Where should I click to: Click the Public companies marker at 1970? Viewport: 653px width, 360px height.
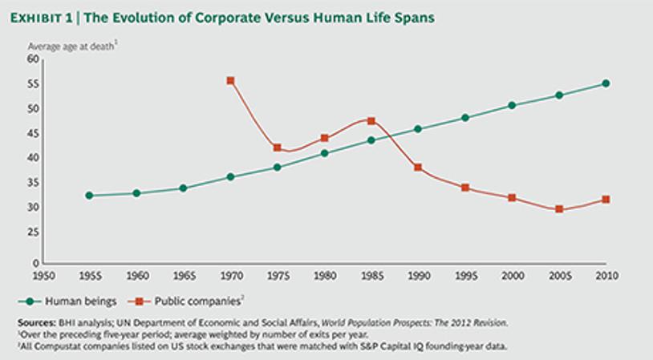230,81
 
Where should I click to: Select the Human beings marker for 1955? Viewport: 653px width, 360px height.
89,196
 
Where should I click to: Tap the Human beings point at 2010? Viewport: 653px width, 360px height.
606,83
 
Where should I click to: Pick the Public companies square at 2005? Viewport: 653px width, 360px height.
559,209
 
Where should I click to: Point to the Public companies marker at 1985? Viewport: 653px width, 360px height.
371,121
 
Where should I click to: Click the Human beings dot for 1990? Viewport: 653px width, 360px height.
418,129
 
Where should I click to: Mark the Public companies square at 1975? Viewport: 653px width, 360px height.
278,148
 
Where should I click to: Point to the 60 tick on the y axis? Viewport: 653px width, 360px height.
33,59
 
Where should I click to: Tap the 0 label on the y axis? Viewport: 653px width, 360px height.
35,262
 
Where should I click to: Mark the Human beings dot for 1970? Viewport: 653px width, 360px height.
230,176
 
